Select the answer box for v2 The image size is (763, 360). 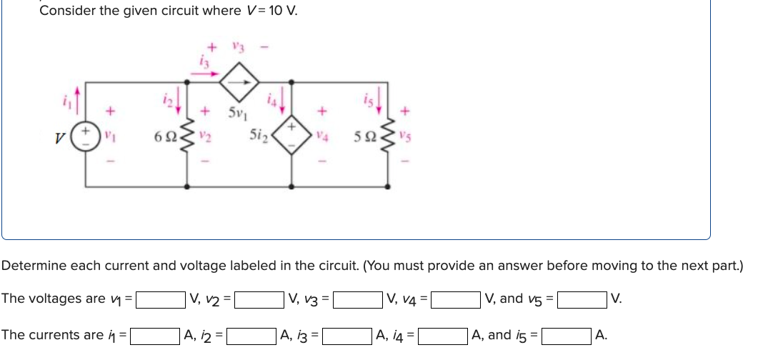click(x=259, y=299)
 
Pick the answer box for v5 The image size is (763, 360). click(x=582, y=299)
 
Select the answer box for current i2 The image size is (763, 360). click(x=251, y=334)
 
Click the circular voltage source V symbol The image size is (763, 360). click(x=88, y=136)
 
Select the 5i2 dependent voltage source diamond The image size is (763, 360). click(x=291, y=136)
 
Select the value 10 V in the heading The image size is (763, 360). click(x=281, y=11)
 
